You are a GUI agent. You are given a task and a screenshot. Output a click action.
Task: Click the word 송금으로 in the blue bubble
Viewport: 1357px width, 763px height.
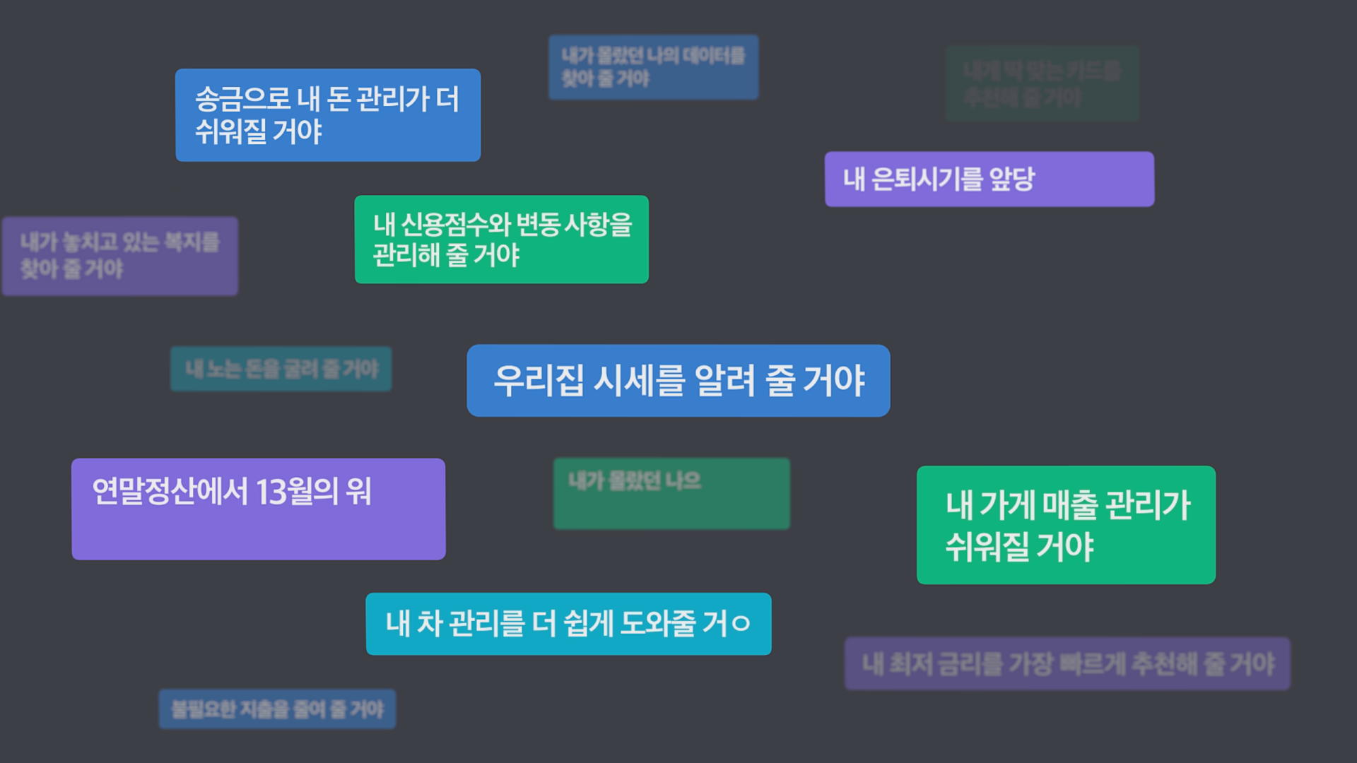[242, 99]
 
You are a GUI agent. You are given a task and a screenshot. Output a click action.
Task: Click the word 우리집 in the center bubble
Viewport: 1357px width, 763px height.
[539, 381]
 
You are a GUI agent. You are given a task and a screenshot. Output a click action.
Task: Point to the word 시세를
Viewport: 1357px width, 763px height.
[640, 381]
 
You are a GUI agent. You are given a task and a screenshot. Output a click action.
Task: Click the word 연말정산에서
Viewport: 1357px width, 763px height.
[170, 492]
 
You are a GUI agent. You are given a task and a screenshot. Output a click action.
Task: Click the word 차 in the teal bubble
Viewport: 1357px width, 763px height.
[429, 624]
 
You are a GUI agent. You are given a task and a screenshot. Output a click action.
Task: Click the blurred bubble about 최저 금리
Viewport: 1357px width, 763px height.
[1067, 664]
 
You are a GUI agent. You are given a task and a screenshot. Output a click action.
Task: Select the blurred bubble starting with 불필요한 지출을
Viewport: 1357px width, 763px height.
[277, 709]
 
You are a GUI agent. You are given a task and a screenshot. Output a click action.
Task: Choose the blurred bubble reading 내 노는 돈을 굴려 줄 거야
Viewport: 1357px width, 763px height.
[281, 369]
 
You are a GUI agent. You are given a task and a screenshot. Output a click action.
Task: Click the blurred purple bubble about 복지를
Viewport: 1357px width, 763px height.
[120, 256]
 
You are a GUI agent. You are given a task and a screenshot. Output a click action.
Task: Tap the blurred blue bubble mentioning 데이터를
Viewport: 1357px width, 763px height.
[653, 67]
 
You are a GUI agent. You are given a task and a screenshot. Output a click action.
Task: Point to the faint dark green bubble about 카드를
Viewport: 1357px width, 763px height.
[1042, 83]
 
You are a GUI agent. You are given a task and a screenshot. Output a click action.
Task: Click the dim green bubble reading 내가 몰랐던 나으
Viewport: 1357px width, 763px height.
[671, 493]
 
